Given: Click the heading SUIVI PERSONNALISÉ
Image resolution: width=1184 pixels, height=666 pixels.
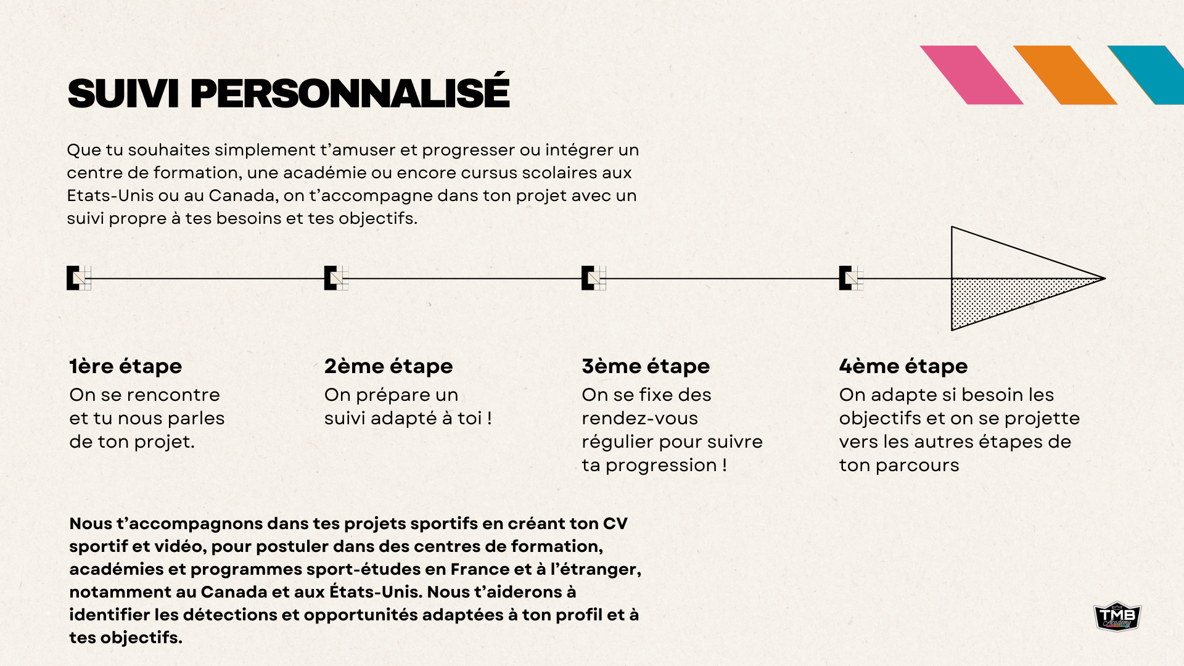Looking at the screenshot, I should point(288,93).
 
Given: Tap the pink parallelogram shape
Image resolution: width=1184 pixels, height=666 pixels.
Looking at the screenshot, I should point(971,75).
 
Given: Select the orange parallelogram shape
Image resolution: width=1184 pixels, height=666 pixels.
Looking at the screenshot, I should point(1065,75).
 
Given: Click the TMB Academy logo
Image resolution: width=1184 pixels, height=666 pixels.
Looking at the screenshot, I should point(1117,616).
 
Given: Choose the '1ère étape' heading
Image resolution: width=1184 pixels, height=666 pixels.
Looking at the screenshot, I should point(126,366).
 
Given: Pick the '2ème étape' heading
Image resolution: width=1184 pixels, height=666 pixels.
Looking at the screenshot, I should point(388,366).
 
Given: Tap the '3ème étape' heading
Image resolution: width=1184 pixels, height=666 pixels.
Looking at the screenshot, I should point(646,366).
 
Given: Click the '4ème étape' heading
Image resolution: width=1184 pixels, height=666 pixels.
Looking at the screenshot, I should point(903,366).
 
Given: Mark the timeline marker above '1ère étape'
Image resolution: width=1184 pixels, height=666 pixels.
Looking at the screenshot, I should point(78,278).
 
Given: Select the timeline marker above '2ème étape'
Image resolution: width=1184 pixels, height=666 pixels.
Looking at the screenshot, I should point(336,278).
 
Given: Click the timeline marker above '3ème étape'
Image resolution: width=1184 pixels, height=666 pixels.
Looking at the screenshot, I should point(593,278).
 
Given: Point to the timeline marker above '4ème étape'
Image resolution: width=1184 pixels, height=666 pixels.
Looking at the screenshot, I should point(851,278).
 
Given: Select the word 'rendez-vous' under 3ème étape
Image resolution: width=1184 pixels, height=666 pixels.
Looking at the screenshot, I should point(639,418).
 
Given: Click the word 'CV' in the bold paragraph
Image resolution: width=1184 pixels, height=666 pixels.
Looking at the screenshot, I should point(615,524).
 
